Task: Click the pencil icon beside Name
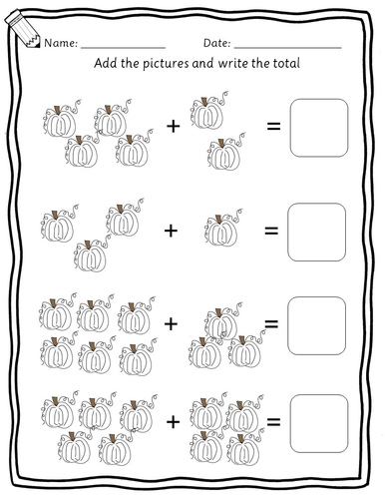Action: pyautogui.click(x=23, y=29)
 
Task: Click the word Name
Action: pyautogui.click(x=60, y=43)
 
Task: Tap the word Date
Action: pyautogui.click(x=216, y=43)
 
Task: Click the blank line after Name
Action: pyautogui.click(x=123, y=48)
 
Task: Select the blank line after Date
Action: pyautogui.click(x=288, y=48)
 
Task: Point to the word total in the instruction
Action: pyautogui.click(x=286, y=63)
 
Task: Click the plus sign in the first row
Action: pyautogui.click(x=173, y=127)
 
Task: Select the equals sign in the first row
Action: pyautogui.click(x=274, y=126)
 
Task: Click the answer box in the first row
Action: pyautogui.click(x=319, y=128)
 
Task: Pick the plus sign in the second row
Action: pyautogui.click(x=171, y=231)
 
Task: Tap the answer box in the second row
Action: pyautogui.click(x=317, y=233)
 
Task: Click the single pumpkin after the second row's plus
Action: pyautogui.click(x=222, y=228)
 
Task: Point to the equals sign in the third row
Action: pyautogui.click(x=271, y=323)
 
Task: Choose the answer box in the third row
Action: pyautogui.click(x=317, y=325)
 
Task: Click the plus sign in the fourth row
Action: pyautogui.click(x=173, y=422)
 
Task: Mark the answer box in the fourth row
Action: pyautogui.click(x=319, y=423)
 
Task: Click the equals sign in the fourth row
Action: pyautogui.click(x=273, y=422)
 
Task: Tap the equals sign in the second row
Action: pyautogui.click(x=271, y=231)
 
